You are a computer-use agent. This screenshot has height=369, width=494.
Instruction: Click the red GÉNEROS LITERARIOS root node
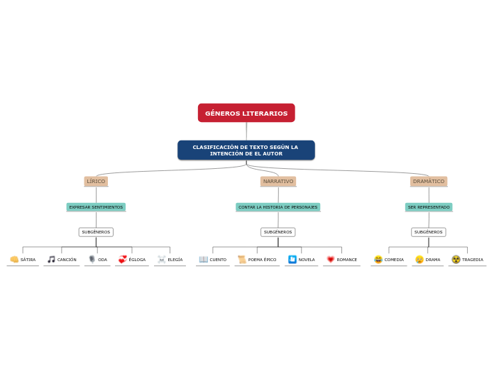246,113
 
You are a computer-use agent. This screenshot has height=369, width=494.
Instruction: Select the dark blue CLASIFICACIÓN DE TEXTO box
246,150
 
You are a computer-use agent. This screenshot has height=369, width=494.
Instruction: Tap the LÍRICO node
96,182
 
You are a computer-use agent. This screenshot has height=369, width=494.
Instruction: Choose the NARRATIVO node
278,182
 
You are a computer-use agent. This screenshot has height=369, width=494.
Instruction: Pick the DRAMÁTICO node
429,182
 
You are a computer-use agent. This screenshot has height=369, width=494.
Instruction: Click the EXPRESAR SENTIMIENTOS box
96,207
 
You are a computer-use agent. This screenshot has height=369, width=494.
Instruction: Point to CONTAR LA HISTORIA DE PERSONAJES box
278,207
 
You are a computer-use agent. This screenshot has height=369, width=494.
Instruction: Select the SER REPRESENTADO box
429,207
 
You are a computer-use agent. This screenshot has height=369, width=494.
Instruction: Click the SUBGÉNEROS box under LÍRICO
96,232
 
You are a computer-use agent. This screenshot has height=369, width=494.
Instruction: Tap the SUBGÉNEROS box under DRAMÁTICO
429,232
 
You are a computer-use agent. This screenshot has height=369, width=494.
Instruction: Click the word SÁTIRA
28,260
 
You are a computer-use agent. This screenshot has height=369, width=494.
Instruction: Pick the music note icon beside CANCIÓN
51,260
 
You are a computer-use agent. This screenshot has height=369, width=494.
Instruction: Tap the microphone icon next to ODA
92,260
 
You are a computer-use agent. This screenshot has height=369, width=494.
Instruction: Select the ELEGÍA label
175,260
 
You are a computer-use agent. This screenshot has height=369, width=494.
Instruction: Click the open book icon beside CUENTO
204,260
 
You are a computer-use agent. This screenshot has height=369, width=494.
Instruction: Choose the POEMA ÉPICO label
262,260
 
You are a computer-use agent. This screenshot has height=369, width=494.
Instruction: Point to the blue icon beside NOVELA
292,260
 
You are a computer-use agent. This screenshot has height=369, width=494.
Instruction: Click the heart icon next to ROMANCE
331,260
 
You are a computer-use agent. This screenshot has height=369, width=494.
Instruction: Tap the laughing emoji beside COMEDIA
378,260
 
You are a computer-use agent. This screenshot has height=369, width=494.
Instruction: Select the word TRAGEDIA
473,260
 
